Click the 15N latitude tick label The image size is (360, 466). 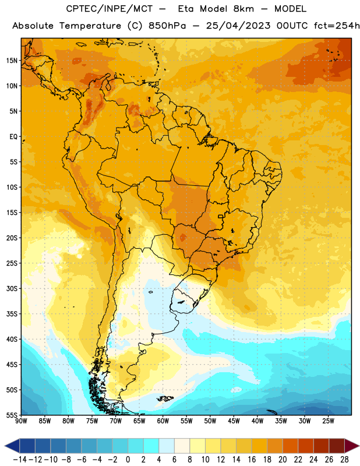tap(12, 61)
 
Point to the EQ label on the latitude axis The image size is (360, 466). tap(13, 137)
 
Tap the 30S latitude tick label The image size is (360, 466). tap(12, 288)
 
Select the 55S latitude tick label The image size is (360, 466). tap(12, 415)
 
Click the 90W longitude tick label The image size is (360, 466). tap(21, 421)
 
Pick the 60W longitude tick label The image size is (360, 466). tap(163, 421)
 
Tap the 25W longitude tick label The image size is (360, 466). tap(328, 421)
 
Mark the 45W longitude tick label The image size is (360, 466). tap(234, 421)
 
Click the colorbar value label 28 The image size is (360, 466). tap(344, 460)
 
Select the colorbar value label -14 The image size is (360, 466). tap(20, 460)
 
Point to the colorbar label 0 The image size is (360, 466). tap(128, 460)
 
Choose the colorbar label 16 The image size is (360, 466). tap(252, 460)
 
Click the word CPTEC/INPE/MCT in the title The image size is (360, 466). tap(109, 9)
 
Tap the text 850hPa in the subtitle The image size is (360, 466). tap(167, 26)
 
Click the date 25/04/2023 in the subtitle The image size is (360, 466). tap(238, 26)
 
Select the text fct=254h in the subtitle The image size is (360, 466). tap(337, 26)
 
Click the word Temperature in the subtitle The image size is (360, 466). tap(90, 26)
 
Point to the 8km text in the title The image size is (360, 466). tap(243, 9)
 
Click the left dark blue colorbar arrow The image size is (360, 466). tap(12, 446)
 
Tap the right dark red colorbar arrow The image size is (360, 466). tap(352, 446)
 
